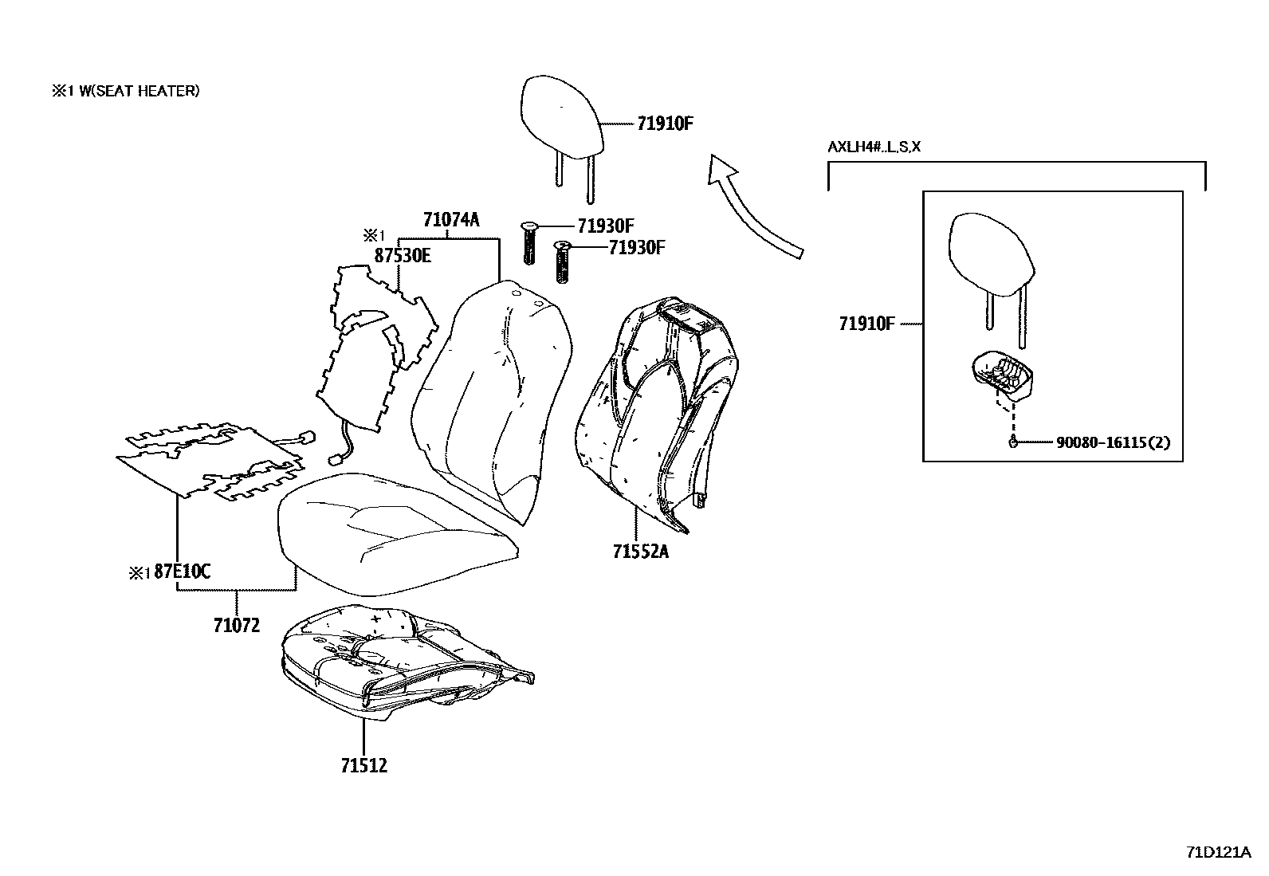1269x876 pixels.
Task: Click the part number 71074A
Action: (451, 220)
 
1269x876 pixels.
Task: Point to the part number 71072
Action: (237, 626)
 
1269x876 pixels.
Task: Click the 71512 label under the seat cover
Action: (363, 765)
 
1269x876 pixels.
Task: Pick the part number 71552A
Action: (641, 550)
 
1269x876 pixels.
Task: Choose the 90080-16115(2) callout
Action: (1114, 442)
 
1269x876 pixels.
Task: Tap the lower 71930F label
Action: (636, 248)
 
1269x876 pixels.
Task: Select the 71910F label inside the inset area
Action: (866, 324)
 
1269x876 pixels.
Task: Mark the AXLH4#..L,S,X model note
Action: (874, 147)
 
